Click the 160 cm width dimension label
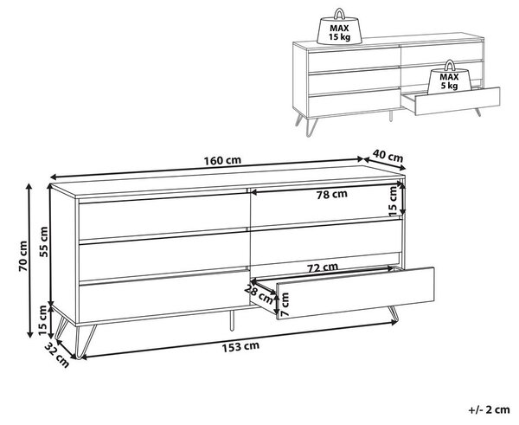pos(222,161)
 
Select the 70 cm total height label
pos(23,256)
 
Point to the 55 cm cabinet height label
pos(43,241)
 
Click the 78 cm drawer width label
pos(332,194)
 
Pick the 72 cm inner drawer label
pos(323,267)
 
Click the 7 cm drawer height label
pos(285,304)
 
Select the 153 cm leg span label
pos(240,347)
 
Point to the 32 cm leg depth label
pos(57,355)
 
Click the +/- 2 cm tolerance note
pos(490,409)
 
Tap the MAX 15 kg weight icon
pos(339,27)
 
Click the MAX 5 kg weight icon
pos(449,78)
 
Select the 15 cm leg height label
pos(42,320)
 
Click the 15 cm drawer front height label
pos(392,201)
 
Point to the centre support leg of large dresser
pos(232,320)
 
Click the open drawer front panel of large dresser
pos(356,293)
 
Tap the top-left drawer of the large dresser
pos(164,216)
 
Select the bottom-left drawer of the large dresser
pos(164,297)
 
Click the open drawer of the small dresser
pos(452,101)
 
